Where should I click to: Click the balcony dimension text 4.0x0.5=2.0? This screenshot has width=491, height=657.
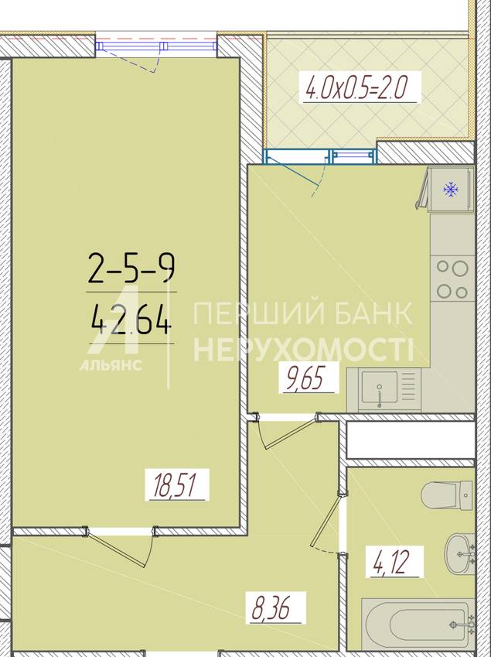356,87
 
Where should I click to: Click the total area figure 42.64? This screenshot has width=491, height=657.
131,320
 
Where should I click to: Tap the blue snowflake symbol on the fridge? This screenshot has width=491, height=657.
451,190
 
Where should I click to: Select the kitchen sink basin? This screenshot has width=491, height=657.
380,387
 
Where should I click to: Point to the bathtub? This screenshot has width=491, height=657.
418,625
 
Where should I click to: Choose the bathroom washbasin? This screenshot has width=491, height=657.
459,554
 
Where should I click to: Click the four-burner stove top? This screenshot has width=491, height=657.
453,279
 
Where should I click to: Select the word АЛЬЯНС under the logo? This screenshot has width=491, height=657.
111,365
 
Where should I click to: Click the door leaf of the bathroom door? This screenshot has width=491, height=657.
325,521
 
